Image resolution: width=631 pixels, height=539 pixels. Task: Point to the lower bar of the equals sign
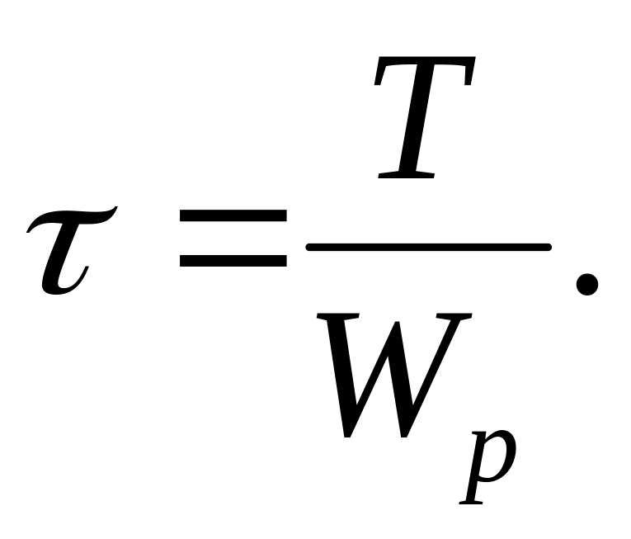pyautogui.click(x=233, y=261)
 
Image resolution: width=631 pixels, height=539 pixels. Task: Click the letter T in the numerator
pyautogui.click(x=421, y=120)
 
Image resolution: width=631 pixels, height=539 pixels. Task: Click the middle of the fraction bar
pyautogui.click(x=427, y=247)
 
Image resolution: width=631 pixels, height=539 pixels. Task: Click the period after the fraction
pyautogui.click(x=586, y=285)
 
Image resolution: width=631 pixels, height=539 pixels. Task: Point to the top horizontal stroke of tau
pyautogui.click(x=74, y=213)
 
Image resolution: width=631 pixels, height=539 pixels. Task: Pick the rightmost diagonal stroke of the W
pyautogui.click(x=450, y=363)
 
